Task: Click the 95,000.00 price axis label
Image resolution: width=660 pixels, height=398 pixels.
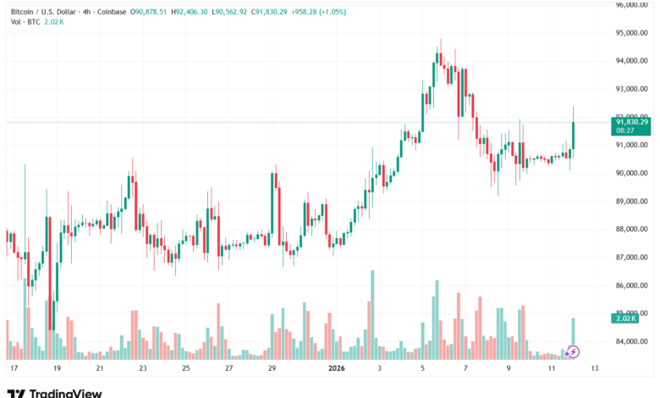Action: click(x=632, y=33)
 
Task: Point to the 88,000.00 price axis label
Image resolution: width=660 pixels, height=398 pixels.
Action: click(x=632, y=229)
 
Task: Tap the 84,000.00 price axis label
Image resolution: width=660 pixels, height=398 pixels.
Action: click(x=632, y=341)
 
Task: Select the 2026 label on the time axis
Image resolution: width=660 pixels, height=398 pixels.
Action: click(x=336, y=369)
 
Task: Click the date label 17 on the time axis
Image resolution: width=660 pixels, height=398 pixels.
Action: click(x=14, y=369)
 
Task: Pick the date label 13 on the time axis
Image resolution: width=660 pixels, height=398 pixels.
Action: click(x=595, y=369)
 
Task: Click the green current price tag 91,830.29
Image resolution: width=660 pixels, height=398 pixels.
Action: click(x=631, y=122)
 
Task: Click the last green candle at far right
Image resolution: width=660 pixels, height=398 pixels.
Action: click(x=574, y=135)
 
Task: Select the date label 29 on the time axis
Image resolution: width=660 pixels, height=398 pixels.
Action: click(x=272, y=369)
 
